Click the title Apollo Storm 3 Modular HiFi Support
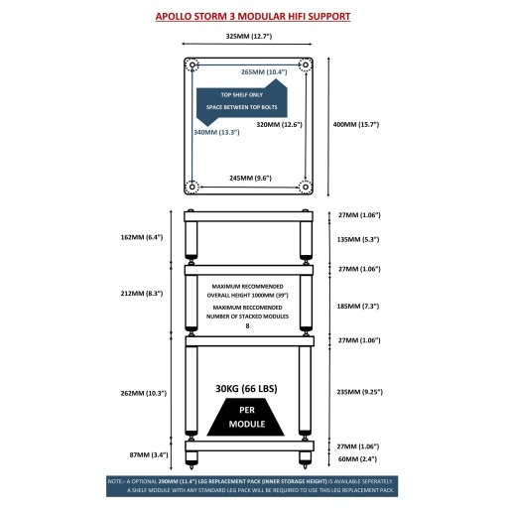coord(253,17)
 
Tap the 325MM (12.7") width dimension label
coord(249,36)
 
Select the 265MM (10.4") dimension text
coord(264,71)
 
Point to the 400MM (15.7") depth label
coord(356,124)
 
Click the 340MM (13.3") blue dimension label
coord(216,132)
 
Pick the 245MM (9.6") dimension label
coord(250,178)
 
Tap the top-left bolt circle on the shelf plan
coord(191,64)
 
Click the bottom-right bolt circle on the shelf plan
coord(306,187)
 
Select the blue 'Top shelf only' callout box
coord(242,102)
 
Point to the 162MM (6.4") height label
coord(142,237)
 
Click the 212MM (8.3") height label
coord(142,294)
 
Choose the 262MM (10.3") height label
coord(144,393)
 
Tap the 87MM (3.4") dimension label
coord(149,454)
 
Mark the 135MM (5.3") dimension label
coord(358,239)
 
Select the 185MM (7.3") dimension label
coord(358,307)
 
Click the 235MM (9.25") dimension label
coord(360,392)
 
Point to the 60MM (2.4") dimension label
coord(357,459)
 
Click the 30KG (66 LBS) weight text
coord(246,389)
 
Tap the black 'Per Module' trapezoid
coord(246,417)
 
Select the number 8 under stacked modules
coord(247,326)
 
